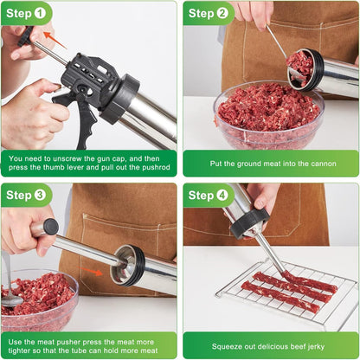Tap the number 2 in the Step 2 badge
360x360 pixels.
point(222,13)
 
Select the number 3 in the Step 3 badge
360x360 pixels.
point(41,195)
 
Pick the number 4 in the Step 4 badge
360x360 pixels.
point(222,195)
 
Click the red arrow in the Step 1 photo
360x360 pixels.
point(54,40)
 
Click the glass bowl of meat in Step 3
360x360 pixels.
point(39,299)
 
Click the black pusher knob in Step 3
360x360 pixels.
point(46,228)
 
